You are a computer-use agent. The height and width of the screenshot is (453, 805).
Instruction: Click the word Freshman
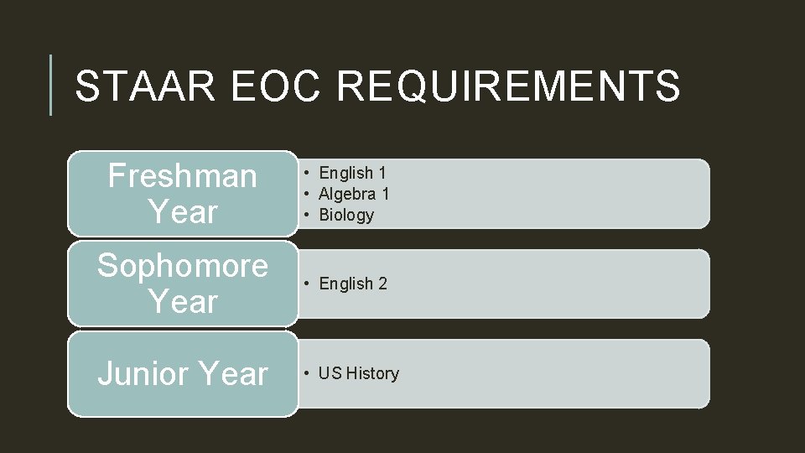click(x=183, y=176)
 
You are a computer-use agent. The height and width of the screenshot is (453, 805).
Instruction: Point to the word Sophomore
click(x=183, y=266)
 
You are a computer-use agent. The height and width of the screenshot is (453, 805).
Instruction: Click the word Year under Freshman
click(x=183, y=212)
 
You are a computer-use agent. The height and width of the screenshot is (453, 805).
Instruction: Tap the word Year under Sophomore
click(x=183, y=302)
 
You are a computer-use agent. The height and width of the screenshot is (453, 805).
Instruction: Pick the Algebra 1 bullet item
click(x=354, y=194)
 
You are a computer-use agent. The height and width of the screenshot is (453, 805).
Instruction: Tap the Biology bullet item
click(x=346, y=215)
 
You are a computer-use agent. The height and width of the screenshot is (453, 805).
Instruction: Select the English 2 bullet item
click(x=352, y=284)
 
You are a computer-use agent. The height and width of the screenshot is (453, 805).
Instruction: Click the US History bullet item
click(x=359, y=373)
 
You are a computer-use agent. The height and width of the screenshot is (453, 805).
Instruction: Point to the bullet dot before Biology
click(x=309, y=215)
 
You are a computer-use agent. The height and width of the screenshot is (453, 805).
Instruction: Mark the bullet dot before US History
click(x=309, y=373)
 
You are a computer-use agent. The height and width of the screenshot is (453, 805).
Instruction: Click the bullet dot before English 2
click(x=309, y=284)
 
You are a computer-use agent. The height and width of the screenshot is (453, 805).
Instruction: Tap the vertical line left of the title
click(x=51, y=85)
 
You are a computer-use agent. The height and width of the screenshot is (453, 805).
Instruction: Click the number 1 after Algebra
click(x=386, y=194)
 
